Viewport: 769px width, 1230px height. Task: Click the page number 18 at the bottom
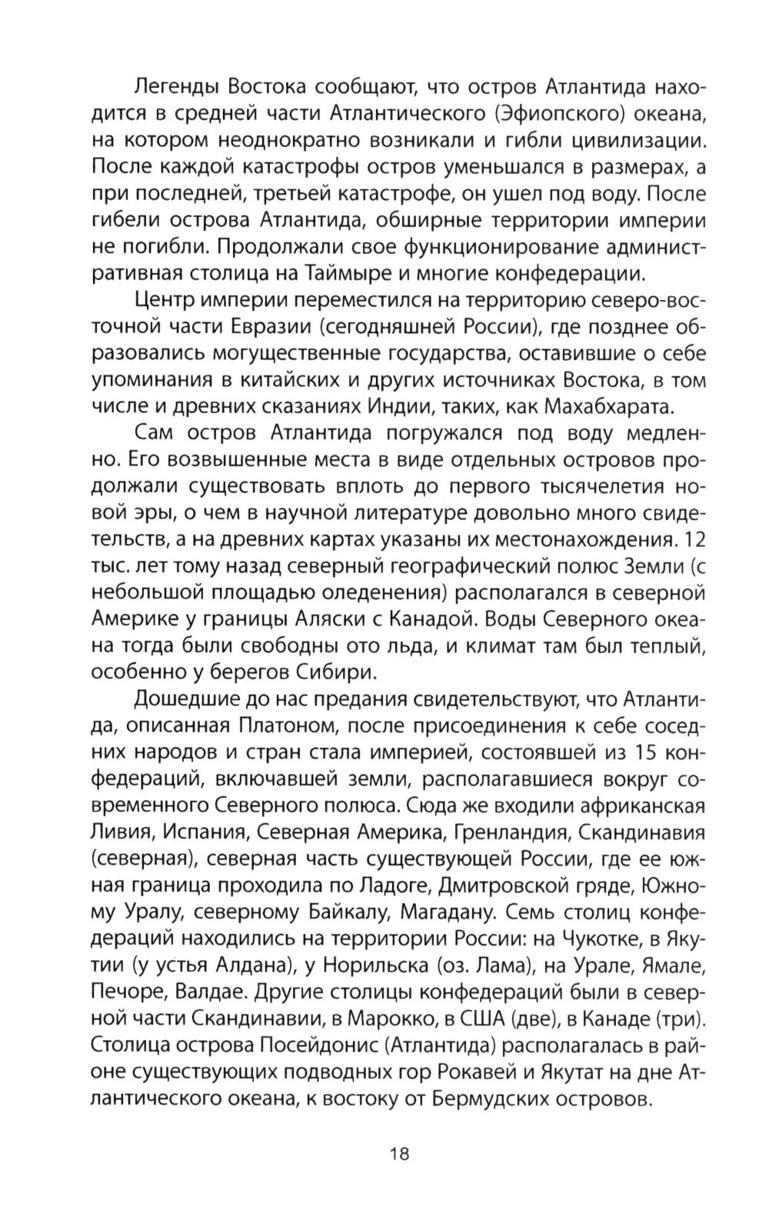(x=400, y=1153)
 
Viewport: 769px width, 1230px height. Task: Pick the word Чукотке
(x=607, y=938)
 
